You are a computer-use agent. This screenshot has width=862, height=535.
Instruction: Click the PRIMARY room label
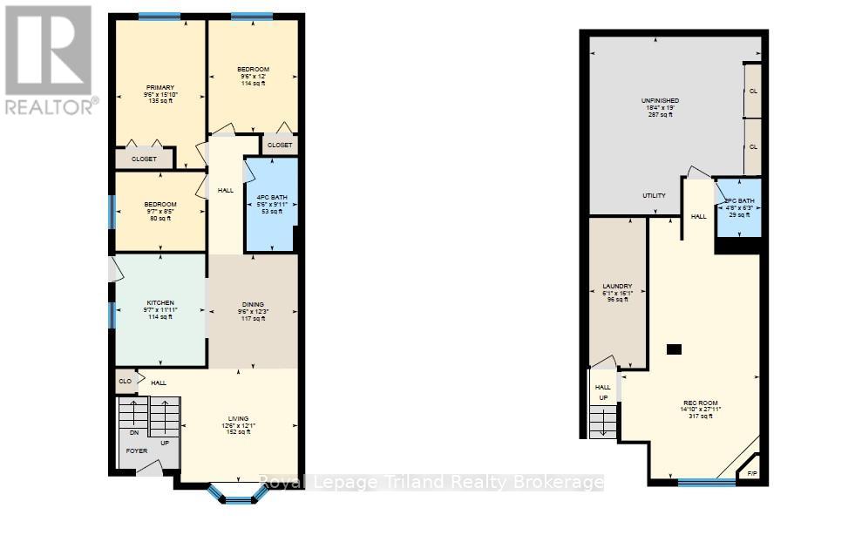[x=160, y=87]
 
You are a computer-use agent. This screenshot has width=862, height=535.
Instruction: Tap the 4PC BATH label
[x=271, y=198]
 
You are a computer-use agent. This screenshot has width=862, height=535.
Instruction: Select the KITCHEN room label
[x=160, y=301]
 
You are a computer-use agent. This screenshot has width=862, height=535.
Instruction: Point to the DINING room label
[x=253, y=304]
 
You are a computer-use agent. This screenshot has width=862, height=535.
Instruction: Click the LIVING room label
[x=237, y=419]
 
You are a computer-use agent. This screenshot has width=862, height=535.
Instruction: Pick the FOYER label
[x=137, y=450]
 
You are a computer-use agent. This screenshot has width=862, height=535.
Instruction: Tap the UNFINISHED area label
[x=660, y=101]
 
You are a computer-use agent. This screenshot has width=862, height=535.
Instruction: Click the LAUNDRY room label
[x=617, y=286]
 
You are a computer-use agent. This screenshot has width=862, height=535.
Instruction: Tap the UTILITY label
[x=655, y=195]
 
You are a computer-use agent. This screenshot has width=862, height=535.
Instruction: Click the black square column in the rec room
[x=673, y=349]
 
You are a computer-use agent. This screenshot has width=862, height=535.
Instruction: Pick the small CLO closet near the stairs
[x=126, y=381]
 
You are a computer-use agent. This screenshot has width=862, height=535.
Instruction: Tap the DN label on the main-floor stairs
[x=133, y=432]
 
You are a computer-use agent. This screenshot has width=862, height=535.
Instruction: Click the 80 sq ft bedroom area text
[x=160, y=219]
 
